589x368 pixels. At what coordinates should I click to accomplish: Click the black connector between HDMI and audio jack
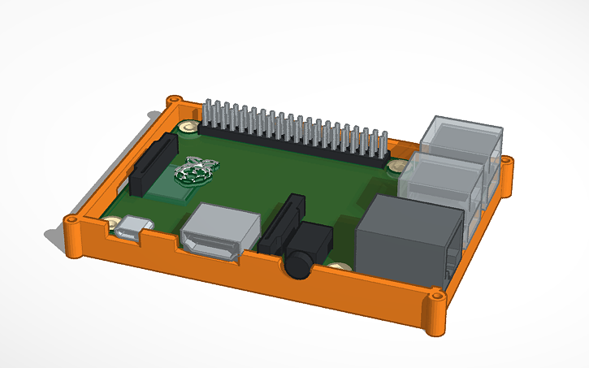tap(279, 223)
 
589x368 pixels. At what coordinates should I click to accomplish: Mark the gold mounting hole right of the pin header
tap(397, 166)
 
